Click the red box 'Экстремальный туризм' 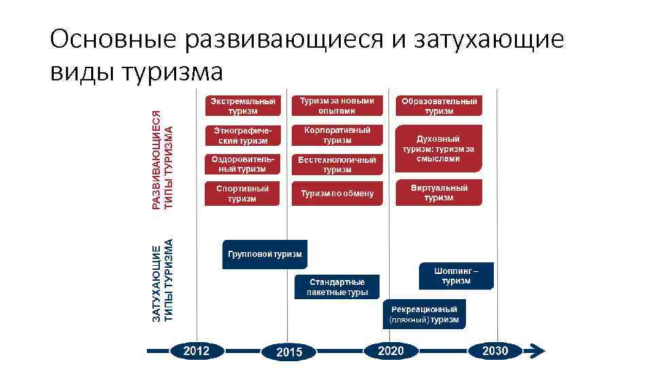pyautogui.click(x=242, y=106)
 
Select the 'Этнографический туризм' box pyautogui.click(x=242, y=136)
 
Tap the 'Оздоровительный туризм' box pyautogui.click(x=242, y=164)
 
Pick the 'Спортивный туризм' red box pyautogui.click(x=242, y=194)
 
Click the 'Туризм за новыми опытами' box pyautogui.click(x=337, y=106)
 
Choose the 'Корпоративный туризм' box pyautogui.click(x=337, y=135)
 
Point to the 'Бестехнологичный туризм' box pyautogui.click(x=337, y=164)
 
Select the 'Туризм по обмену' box pyautogui.click(x=337, y=194)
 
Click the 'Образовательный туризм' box pyautogui.click(x=439, y=106)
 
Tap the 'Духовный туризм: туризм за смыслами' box pyautogui.click(x=439, y=149)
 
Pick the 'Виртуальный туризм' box pyautogui.click(x=439, y=192)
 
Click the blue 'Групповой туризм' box pyautogui.click(x=265, y=254)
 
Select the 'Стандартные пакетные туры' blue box pyautogui.click(x=337, y=287)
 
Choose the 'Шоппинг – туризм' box pyautogui.click(x=456, y=276)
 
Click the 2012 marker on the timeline pyautogui.click(x=197, y=351)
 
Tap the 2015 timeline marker pyautogui.click(x=289, y=352)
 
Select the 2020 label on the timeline pyautogui.click(x=390, y=351)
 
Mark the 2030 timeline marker pyautogui.click(x=495, y=351)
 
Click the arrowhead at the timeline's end pyautogui.click(x=537, y=351)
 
